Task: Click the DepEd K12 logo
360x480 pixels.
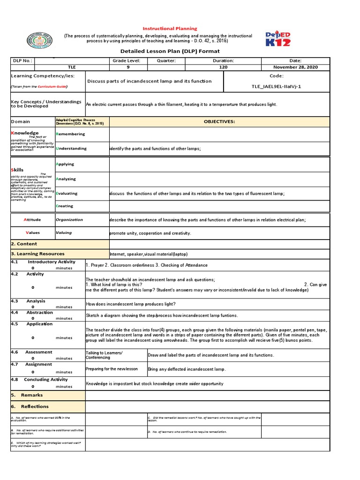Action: click(x=277, y=39)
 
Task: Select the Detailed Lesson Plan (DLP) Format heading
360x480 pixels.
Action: click(x=170, y=51)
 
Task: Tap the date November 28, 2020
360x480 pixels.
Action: click(x=295, y=67)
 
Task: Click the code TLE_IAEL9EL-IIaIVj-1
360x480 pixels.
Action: click(x=277, y=86)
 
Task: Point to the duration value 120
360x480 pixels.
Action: click(x=223, y=67)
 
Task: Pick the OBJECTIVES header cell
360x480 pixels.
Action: click(x=219, y=122)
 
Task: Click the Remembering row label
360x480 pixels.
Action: click(x=70, y=134)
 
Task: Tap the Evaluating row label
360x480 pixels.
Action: click(x=67, y=194)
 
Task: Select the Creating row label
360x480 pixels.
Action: click(x=65, y=206)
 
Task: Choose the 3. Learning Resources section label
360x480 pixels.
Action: click(x=37, y=254)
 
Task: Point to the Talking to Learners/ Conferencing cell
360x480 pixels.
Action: click(x=104, y=355)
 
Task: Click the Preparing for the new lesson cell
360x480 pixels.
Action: click(x=112, y=369)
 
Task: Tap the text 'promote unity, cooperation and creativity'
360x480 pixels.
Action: click(x=150, y=233)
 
